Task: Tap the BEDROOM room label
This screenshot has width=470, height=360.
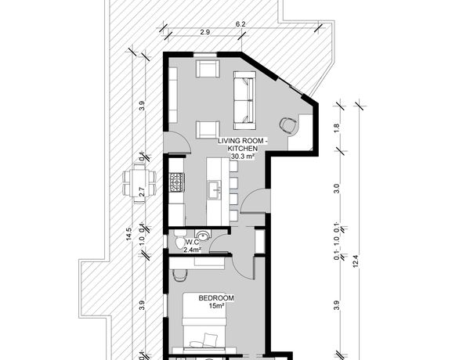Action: tap(216, 298)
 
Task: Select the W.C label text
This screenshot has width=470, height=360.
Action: tap(191, 242)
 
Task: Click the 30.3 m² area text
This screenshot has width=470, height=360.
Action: tap(243, 156)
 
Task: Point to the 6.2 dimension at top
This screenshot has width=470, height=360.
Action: tap(240, 24)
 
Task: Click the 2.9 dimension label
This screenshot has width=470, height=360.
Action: tap(205, 32)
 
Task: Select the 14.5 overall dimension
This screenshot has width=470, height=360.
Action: tap(129, 234)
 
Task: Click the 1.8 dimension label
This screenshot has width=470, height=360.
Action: tap(337, 128)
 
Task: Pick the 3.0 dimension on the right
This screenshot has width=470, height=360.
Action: tap(337, 189)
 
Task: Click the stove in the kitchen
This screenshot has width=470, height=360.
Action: tap(177, 182)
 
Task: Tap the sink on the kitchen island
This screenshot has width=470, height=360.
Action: tap(215, 189)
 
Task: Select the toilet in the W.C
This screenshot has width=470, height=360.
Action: tap(180, 239)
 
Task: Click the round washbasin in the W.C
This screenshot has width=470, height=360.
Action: tap(203, 235)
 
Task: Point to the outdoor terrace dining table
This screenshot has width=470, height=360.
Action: tap(139, 184)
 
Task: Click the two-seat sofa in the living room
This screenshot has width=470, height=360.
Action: tap(244, 100)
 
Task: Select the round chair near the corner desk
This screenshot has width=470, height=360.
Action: tap(288, 125)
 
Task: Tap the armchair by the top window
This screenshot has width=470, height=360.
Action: tap(208, 69)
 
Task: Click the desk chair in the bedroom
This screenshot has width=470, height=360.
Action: tap(180, 275)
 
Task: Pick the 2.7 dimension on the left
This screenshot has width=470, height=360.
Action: tap(143, 192)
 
